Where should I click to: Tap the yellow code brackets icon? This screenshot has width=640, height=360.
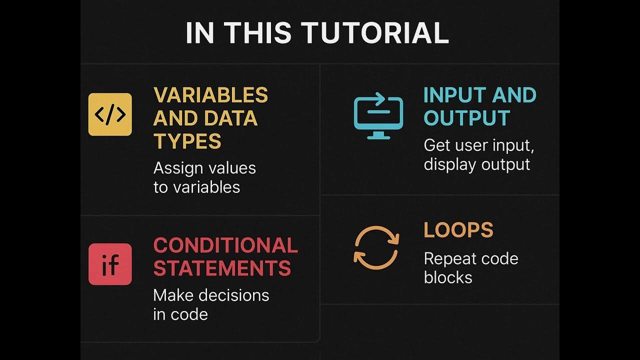coord(110,114)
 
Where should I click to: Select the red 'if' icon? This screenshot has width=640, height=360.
coord(110,264)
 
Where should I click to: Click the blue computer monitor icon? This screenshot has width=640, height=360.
coord(378,117)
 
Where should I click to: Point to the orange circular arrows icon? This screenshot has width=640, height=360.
coord(376,248)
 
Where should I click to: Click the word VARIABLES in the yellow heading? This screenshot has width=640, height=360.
coord(210,95)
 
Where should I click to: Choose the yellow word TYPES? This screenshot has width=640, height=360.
coord(187,142)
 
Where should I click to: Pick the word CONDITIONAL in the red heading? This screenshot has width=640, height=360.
coord(225,245)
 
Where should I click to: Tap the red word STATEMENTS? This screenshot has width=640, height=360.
coord(222,268)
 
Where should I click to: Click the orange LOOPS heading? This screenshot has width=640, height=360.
coord(458,230)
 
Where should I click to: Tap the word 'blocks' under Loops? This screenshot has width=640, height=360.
coord(448,277)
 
